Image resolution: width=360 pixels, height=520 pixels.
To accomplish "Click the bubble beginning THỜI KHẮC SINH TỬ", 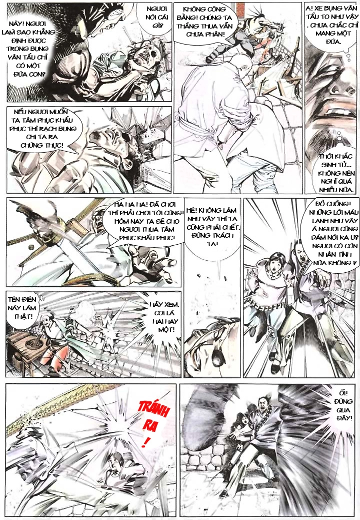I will coord(336,173).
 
